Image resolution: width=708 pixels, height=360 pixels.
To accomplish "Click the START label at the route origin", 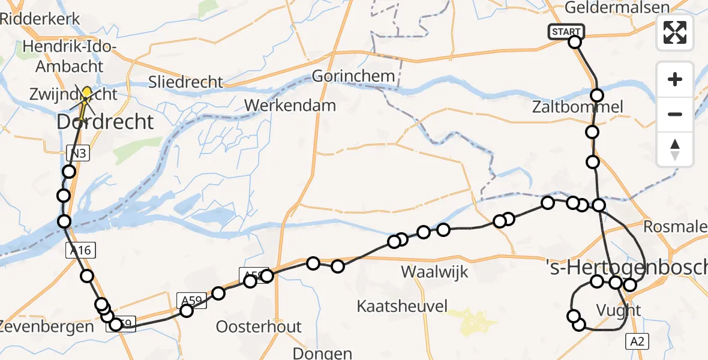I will (565, 32).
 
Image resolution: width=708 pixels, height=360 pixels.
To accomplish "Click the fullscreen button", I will (675, 32).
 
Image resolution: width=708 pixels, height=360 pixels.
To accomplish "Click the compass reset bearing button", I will (675, 149).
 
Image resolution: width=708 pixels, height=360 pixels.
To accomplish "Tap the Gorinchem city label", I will (353, 76).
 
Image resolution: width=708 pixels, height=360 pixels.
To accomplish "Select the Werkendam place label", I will (290, 106).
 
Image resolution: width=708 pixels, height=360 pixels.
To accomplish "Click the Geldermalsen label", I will (608, 8).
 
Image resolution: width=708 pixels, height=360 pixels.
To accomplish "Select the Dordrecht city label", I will (105, 122).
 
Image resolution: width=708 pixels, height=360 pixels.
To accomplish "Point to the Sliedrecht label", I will (186, 82).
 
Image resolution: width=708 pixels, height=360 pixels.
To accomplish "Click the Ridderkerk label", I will (40, 19).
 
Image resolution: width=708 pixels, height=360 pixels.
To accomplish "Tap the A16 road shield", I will (80, 251).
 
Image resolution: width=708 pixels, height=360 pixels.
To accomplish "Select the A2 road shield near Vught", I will (637, 341).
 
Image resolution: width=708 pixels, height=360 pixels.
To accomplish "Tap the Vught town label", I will (619, 310).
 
